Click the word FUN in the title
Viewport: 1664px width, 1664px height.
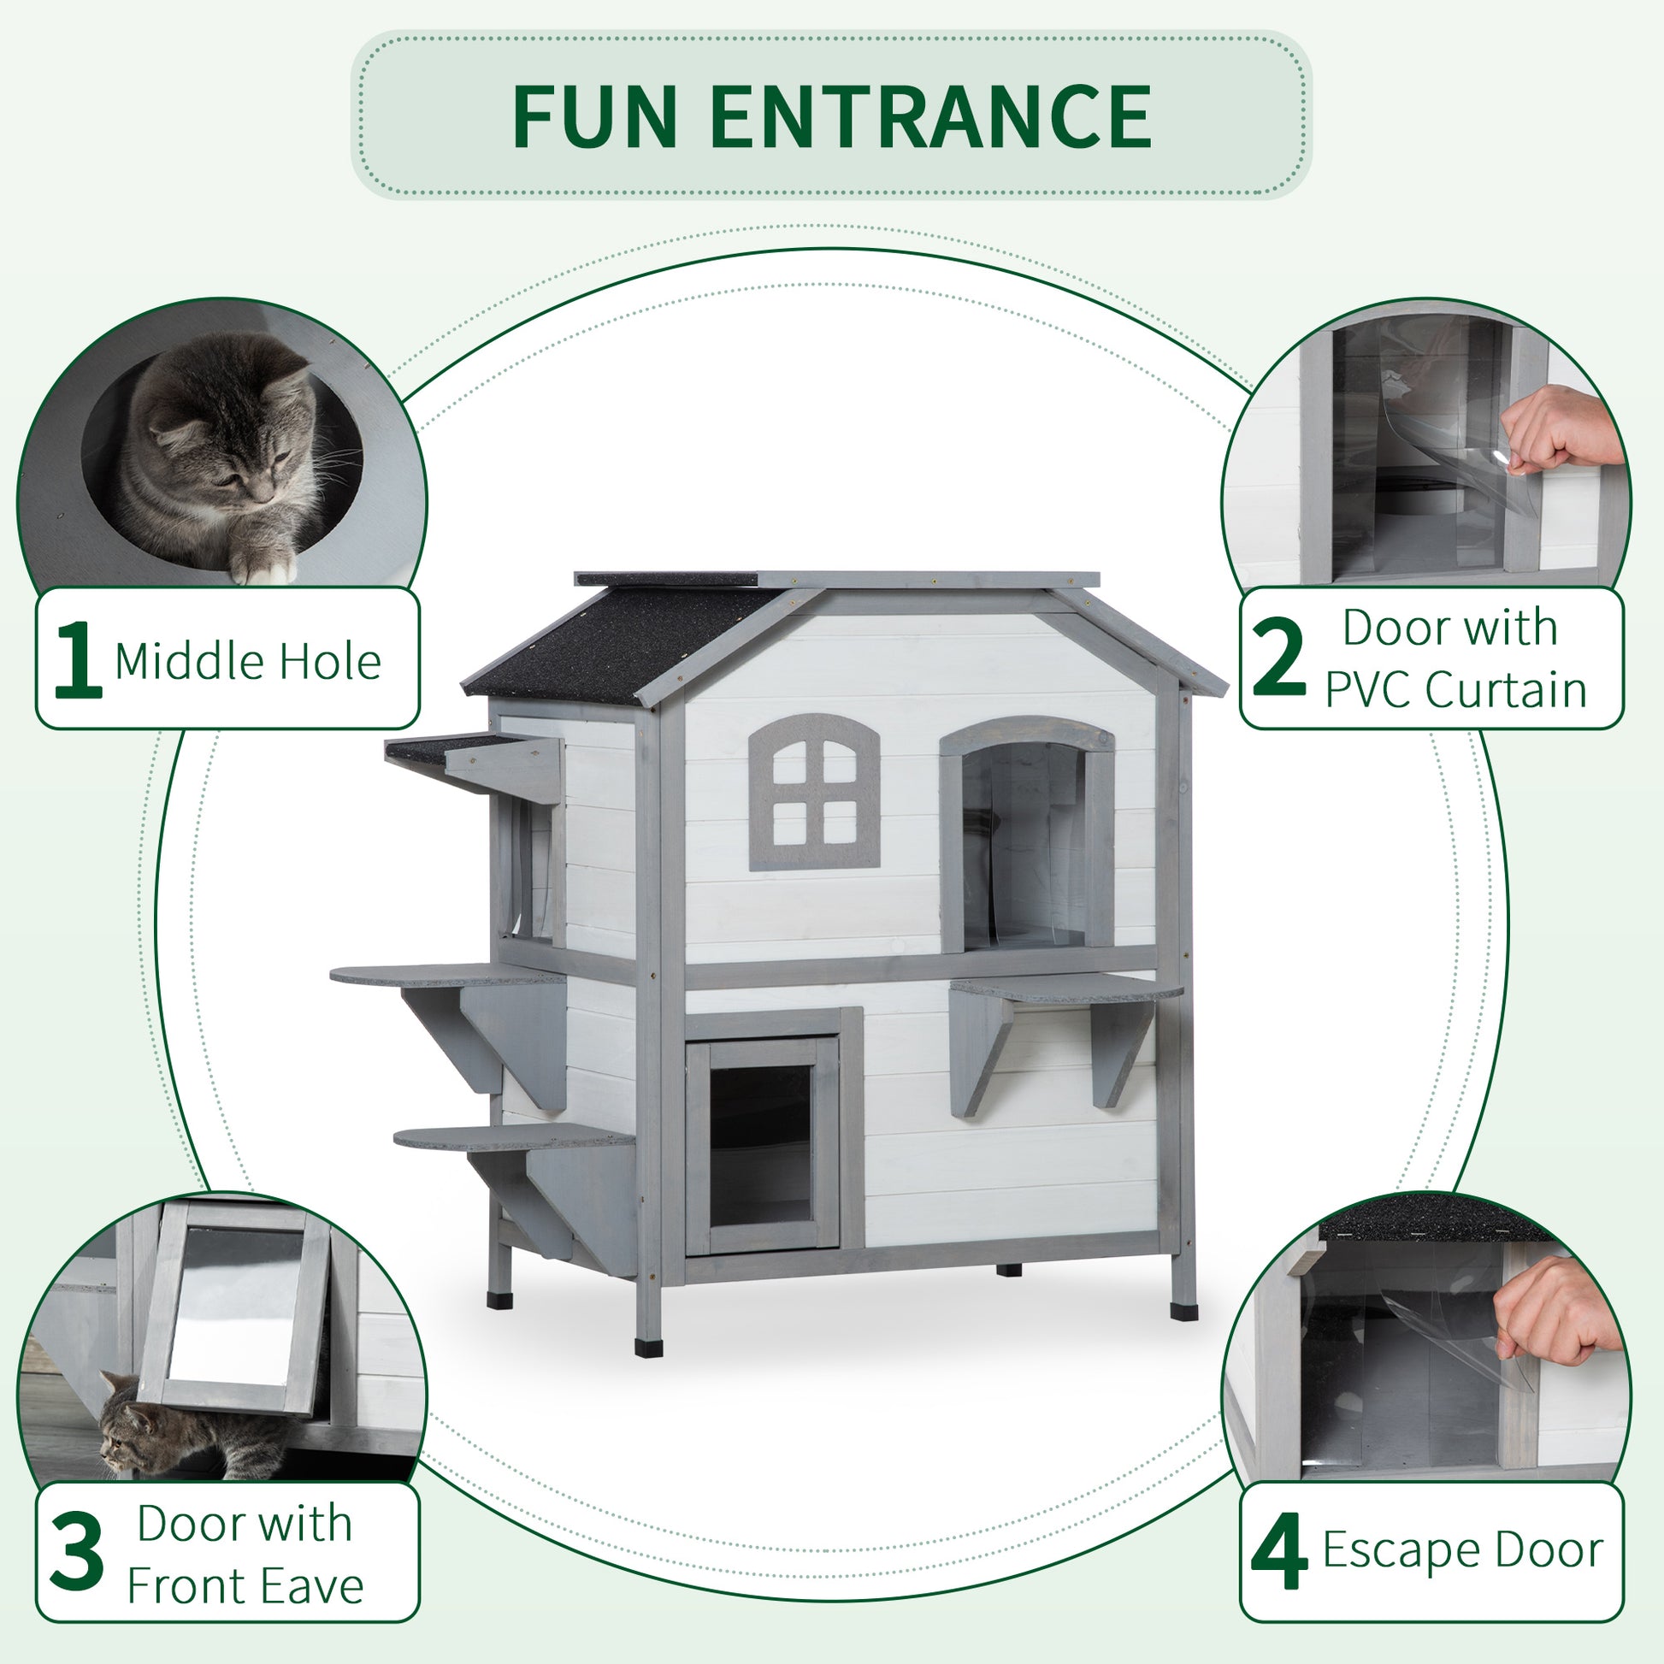[594, 117]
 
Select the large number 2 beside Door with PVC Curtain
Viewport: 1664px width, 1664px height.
[1278, 659]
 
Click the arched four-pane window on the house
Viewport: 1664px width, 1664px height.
[814, 793]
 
